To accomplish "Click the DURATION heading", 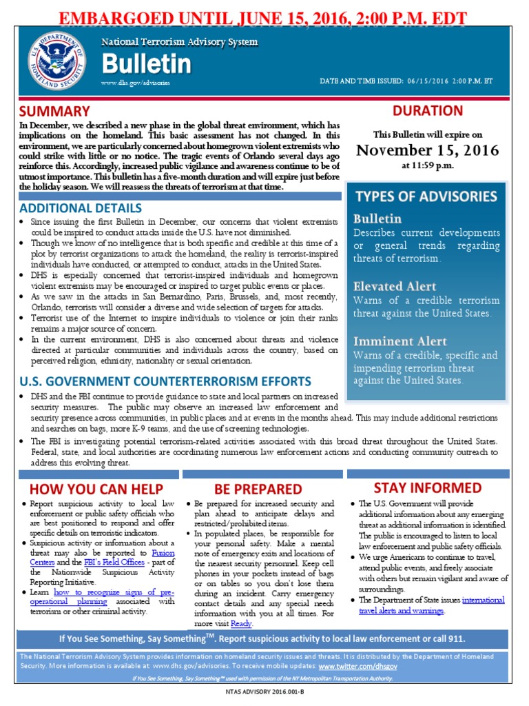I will click(427, 110).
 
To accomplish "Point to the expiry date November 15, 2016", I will click(428, 150).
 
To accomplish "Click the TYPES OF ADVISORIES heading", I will click(425, 196).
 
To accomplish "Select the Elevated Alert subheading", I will click(395, 285).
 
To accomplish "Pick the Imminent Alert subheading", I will click(400, 341).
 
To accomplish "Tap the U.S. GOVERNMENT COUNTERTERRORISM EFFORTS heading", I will click(165, 381).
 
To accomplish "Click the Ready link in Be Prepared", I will click(241, 623).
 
